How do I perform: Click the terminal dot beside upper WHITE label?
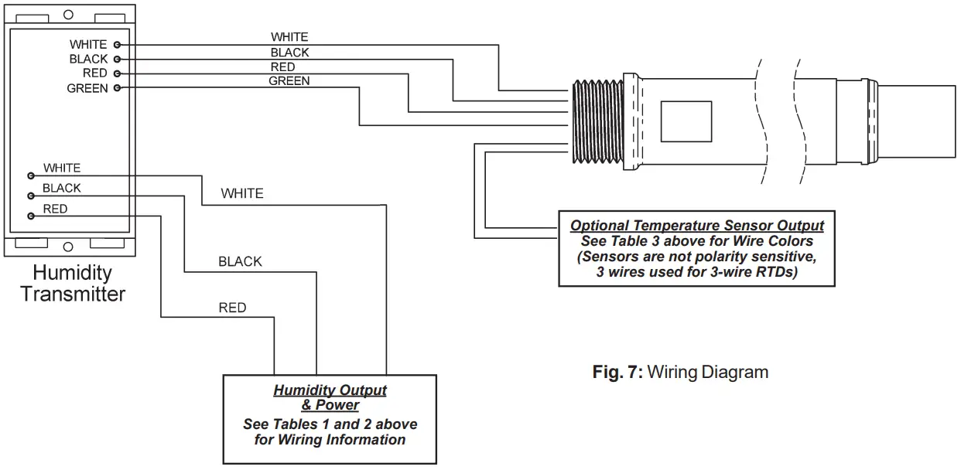click(x=117, y=45)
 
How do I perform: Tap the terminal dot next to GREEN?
click(x=117, y=89)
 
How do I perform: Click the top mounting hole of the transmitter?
click(x=68, y=14)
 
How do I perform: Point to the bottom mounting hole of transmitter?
click(x=68, y=247)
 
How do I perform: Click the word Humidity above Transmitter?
click(x=72, y=273)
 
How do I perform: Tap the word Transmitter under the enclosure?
click(x=73, y=295)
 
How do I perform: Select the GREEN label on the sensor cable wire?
click(x=289, y=81)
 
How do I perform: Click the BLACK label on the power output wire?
click(x=240, y=262)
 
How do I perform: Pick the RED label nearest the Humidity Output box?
click(x=232, y=308)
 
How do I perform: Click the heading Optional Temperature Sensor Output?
click(x=696, y=226)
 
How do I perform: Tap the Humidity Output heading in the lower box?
click(x=330, y=391)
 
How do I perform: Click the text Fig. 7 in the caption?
click(x=617, y=372)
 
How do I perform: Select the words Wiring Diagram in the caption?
click(x=707, y=372)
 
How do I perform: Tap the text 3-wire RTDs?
click(x=751, y=272)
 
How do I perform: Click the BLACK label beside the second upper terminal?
click(x=88, y=60)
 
